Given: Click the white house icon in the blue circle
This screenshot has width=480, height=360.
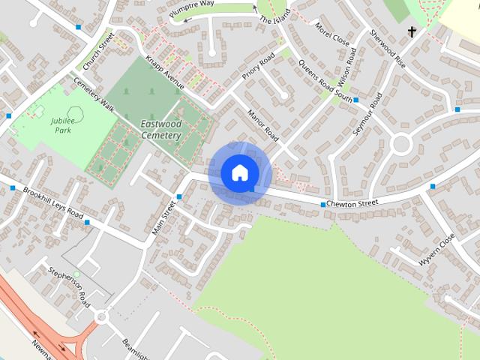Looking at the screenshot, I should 239,173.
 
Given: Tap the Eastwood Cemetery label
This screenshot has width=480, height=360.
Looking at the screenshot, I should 161,130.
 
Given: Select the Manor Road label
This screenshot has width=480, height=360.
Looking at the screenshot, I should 263,125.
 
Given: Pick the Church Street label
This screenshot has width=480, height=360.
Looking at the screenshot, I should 97,51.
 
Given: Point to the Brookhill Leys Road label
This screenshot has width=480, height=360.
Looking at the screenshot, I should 52,203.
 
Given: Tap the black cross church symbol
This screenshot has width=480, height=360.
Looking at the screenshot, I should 412,31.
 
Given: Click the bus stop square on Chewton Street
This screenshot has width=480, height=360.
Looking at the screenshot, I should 323,205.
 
